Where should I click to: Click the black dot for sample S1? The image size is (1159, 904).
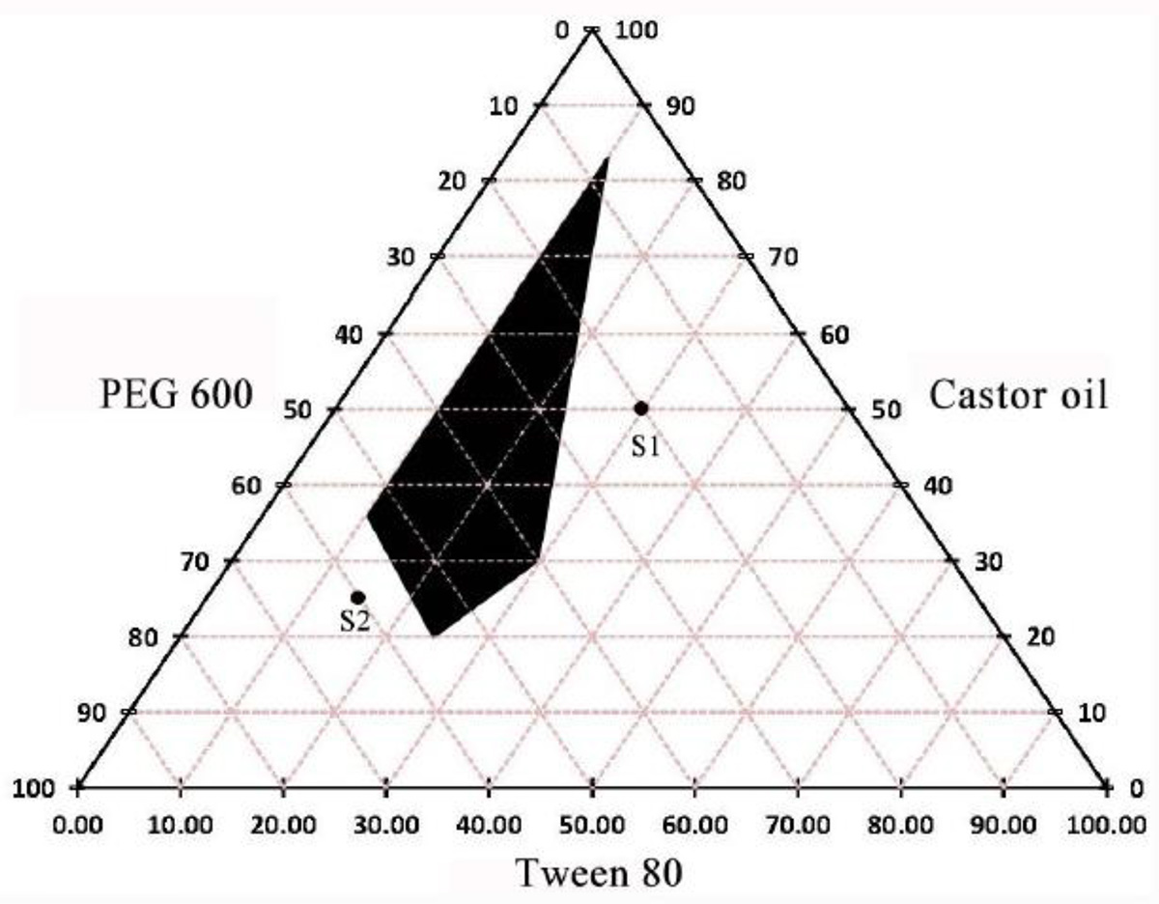(640, 408)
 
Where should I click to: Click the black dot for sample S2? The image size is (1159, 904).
(357, 597)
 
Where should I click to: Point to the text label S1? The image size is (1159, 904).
(644, 447)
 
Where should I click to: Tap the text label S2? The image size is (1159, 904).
(354, 622)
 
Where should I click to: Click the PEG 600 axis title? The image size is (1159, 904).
(176, 395)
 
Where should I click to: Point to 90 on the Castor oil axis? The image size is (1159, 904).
(678, 105)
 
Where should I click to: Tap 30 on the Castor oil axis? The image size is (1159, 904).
(987, 561)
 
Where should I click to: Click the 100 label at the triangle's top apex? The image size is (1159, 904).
(636, 31)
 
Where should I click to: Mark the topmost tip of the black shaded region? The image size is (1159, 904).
(607, 157)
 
